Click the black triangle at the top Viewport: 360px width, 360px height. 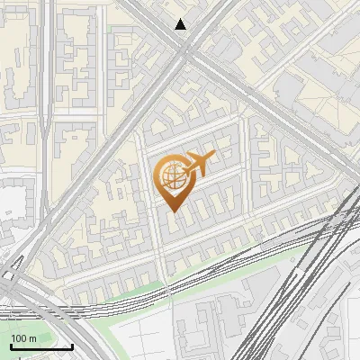pyautogui.click(x=181, y=24)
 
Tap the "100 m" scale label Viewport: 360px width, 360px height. pyautogui.click(x=23, y=338)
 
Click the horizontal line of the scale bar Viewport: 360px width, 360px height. pyautogui.click(x=41, y=347)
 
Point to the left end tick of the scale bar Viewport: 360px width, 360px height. pyautogui.click(x=11, y=346)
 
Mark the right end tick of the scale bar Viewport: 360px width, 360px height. pyautogui.click(x=72, y=346)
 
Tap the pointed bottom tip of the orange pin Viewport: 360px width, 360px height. pyautogui.click(x=175, y=213)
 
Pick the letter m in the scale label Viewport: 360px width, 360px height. pyautogui.click(x=32, y=338)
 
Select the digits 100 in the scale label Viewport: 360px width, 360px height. pyautogui.click(x=19, y=338)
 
